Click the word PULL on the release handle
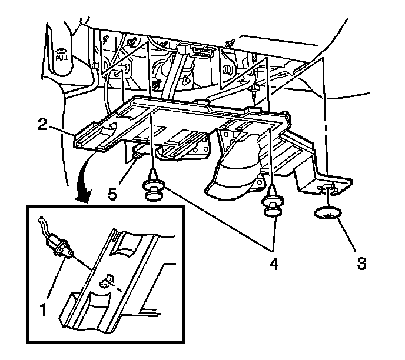(61, 59)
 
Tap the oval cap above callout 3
(328, 214)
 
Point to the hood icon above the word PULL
(60, 51)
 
